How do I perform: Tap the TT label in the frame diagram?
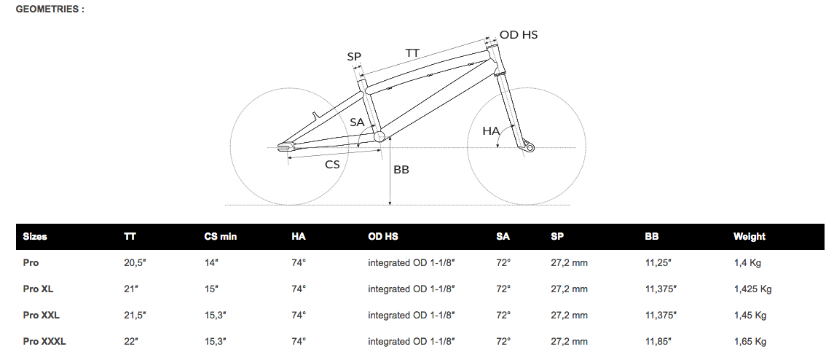(412, 53)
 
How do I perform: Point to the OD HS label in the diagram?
(519, 34)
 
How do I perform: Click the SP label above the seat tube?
(354, 56)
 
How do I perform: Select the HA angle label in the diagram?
(491, 130)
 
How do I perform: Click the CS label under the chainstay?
(332, 164)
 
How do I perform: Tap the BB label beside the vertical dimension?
(401, 169)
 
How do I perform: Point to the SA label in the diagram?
(357, 122)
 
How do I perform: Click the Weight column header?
(750, 236)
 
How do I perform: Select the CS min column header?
(221, 236)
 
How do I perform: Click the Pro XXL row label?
(41, 315)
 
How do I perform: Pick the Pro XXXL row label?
(44, 341)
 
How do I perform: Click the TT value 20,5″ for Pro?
(135, 262)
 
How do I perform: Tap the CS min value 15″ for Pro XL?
(212, 289)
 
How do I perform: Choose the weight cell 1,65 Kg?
(750, 341)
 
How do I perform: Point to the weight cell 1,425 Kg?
(753, 289)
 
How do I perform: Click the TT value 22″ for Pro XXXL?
(132, 341)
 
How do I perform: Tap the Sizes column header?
(35, 236)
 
